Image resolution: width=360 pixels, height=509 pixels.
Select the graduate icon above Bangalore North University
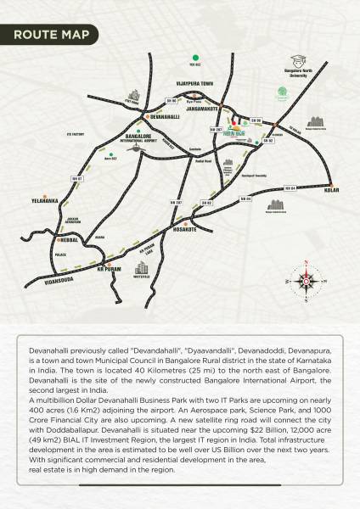click(x=298, y=62)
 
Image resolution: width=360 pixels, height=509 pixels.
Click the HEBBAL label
click(x=61, y=240)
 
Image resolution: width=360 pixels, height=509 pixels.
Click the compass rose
click(x=304, y=281)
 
